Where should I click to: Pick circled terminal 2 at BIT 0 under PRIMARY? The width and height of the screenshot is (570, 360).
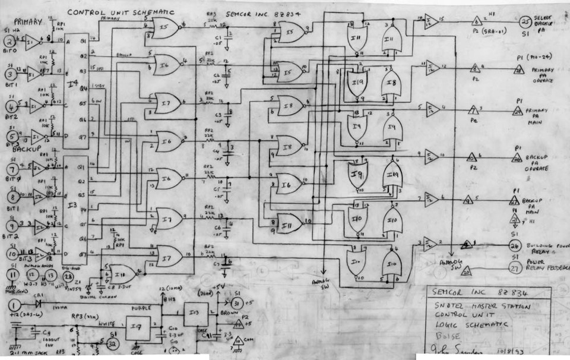[10, 42]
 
